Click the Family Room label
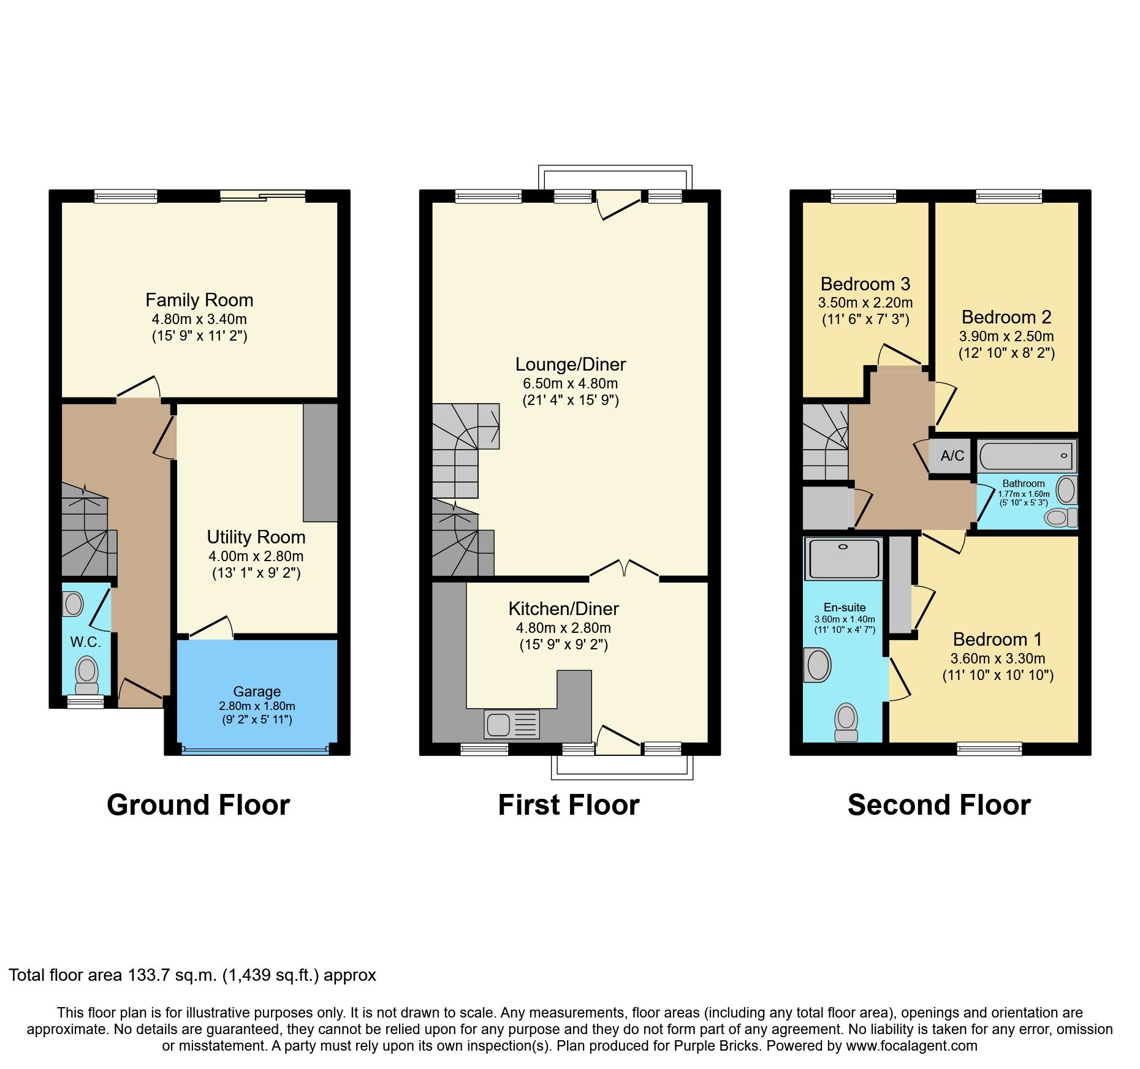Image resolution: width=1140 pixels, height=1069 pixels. [x=199, y=300]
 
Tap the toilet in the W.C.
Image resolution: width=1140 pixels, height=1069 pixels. [x=87, y=673]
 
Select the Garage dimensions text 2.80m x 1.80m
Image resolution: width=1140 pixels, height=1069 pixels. [x=257, y=706]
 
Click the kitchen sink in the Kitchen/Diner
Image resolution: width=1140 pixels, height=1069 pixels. [x=512, y=724]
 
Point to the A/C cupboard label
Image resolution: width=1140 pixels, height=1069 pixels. [x=952, y=455]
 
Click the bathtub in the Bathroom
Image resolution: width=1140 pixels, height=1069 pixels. [x=1025, y=456]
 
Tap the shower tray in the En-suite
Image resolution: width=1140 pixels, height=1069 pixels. [x=843, y=558]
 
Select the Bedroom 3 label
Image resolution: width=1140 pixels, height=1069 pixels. [x=865, y=284]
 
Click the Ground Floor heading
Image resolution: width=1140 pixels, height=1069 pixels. [x=198, y=805]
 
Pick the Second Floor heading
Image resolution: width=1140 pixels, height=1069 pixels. [x=939, y=805]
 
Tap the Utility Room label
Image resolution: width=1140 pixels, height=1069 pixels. [x=256, y=537]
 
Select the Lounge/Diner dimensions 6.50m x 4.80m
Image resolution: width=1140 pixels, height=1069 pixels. [x=570, y=383]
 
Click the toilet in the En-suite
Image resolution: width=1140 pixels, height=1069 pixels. [x=846, y=721]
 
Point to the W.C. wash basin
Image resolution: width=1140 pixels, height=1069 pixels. [x=74, y=604]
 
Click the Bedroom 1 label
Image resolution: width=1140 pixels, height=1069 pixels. [x=997, y=639]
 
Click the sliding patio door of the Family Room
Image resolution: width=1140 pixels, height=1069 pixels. [x=262, y=196]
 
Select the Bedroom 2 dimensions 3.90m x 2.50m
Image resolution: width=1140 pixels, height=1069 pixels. [x=1006, y=336]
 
